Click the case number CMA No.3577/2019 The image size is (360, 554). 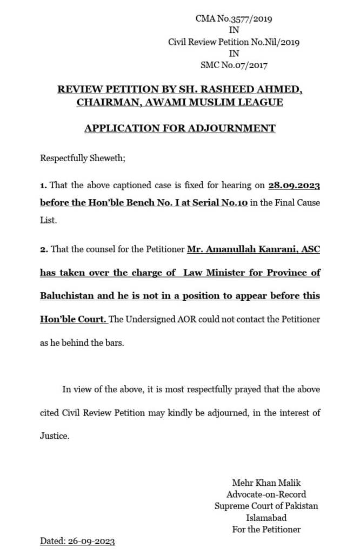tap(234, 19)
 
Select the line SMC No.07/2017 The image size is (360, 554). tap(234, 65)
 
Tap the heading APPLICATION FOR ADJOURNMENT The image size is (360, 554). tap(179, 129)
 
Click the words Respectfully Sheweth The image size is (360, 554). tap(82, 159)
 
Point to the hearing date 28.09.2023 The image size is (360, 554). tap(294, 186)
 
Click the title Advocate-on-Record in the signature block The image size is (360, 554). tap(266, 494)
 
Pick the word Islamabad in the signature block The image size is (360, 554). tap(266, 518)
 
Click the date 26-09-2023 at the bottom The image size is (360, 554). tap(91, 541)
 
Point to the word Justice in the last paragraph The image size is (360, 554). tap(54, 436)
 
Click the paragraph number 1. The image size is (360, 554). tap(43, 186)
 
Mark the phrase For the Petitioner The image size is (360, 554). tap(266, 530)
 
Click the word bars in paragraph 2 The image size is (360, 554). tap(112, 342)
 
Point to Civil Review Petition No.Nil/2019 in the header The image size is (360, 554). tap(234, 42)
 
